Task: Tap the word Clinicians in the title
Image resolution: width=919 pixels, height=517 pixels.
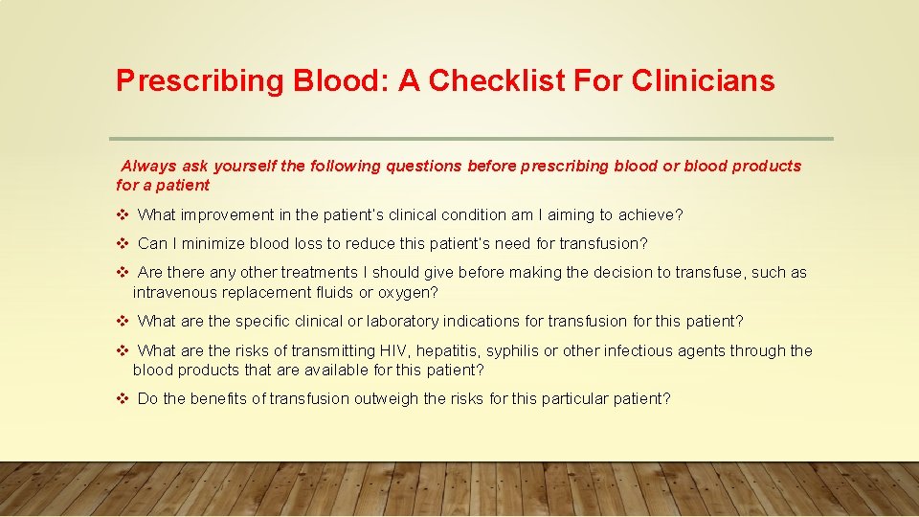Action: point(703,81)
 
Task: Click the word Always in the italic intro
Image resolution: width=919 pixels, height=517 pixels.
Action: point(149,166)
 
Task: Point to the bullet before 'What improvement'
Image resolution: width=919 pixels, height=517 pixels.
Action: point(123,214)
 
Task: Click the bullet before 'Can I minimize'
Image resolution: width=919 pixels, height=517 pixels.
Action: point(123,243)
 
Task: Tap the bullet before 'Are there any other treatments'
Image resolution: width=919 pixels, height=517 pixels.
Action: point(123,273)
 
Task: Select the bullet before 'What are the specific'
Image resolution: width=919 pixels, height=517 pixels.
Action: point(123,321)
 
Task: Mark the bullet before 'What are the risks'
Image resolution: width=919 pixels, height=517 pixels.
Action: point(123,350)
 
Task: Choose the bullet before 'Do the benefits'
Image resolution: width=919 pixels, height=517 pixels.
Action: point(123,398)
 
